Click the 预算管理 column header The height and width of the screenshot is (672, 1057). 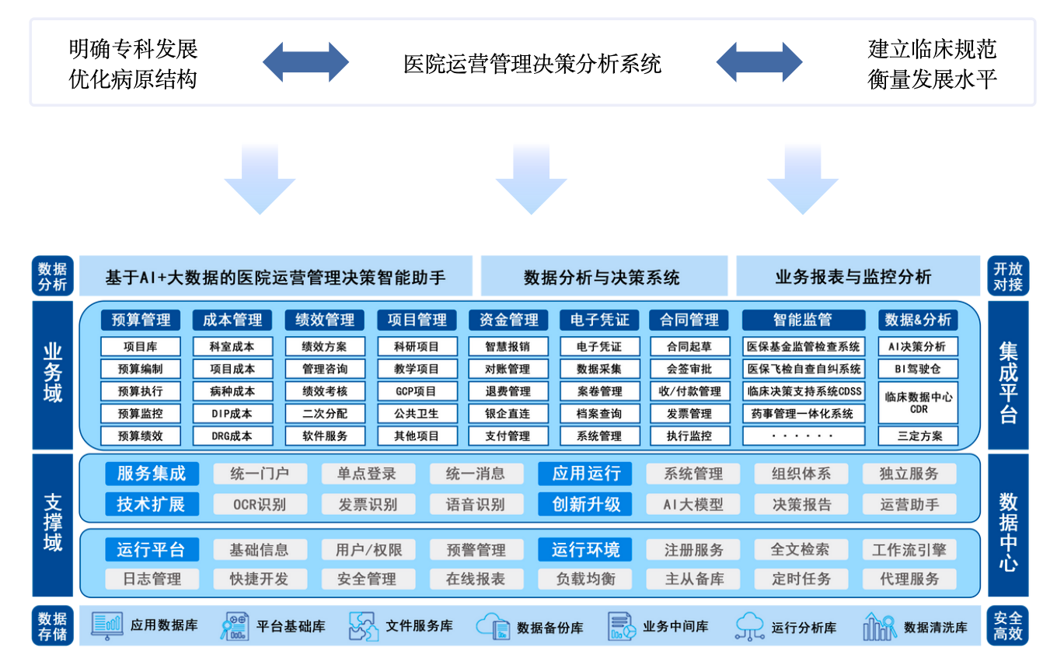tap(141, 320)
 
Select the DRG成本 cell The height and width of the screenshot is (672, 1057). tap(232, 436)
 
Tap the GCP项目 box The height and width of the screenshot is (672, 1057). tap(417, 391)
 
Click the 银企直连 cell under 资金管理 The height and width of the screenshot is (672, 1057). tap(508, 413)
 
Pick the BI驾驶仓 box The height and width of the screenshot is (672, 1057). tap(918, 369)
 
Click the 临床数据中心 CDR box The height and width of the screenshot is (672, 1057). tap(918, 402)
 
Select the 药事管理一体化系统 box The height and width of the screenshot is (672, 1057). tap(804, 413)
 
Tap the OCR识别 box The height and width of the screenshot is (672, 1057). tap(260, 504)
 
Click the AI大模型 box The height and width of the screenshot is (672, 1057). tap(692, 504)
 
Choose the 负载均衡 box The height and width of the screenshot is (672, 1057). tap(585, 579)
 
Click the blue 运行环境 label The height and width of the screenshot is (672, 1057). tap(585, 550)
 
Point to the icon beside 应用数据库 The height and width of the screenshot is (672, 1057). tap(107, 625)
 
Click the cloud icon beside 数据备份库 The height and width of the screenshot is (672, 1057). tap(493, 626)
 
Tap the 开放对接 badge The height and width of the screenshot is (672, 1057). tap(1008, 276)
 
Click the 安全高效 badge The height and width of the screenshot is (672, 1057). tap(1008, 625)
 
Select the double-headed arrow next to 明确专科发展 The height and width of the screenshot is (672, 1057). tap(305, 62)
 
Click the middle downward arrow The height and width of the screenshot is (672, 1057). tap(532, 180)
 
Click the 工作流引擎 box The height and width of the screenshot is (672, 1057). tap(909, 550)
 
